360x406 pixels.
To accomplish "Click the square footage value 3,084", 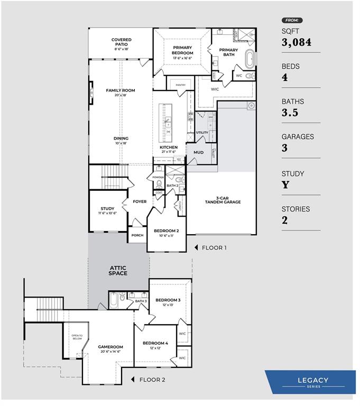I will point(297,43).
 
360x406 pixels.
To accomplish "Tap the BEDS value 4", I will point(284,78).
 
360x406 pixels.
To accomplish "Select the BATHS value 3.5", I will point(290,113).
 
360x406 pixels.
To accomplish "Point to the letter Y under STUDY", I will point(285,185).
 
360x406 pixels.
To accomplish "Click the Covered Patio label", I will point(121,42).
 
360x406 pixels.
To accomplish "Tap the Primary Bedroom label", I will point(182,50).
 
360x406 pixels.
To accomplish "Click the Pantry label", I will point(180,85).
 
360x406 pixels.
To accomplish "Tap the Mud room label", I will point(198,152).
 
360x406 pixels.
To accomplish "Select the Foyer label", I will point(140,201).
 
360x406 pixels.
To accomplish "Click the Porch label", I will point(137,235).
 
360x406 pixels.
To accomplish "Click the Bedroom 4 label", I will point(155,343).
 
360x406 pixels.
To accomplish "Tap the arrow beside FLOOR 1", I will point(196,247).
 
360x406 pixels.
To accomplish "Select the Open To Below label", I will point(77,337).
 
